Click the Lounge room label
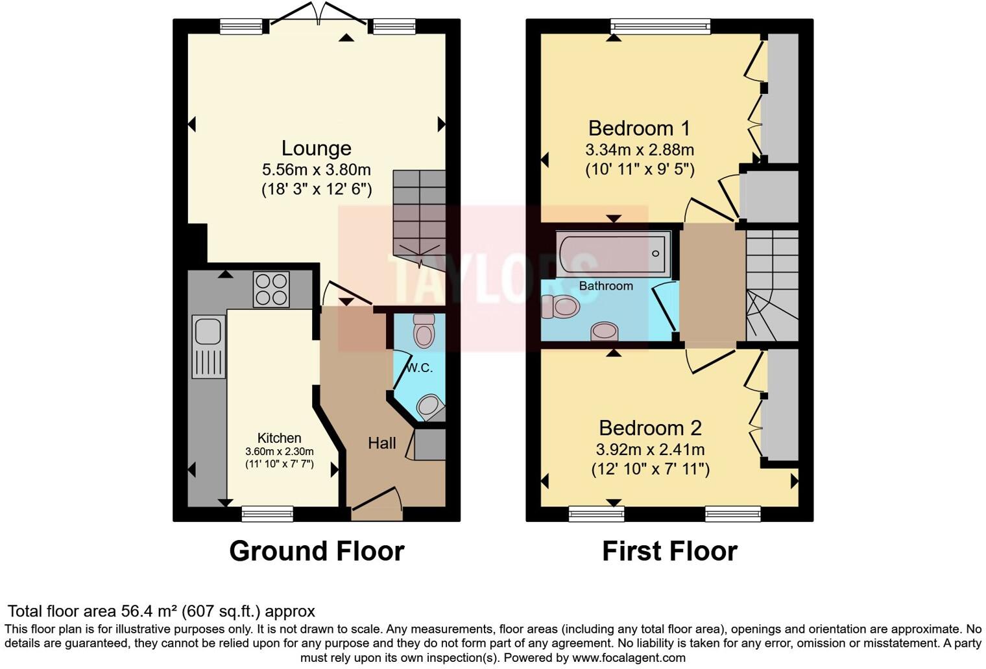(316, 148)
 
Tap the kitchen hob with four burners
(271, 289)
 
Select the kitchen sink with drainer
(208, 346)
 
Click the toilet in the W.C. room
(424, 332)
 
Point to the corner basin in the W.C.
(430, 406)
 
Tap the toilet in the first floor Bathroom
(561, 307)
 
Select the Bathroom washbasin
(604, 331)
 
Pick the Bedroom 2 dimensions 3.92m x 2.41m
(649, 449)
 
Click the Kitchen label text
(279, 438)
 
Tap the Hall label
(381, 443)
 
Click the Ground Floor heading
(317, 551)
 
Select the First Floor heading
(669, 551)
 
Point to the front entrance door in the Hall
(376, 506)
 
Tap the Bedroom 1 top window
(660, 26)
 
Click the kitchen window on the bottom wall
(267, 514)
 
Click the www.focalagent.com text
(628, 658)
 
